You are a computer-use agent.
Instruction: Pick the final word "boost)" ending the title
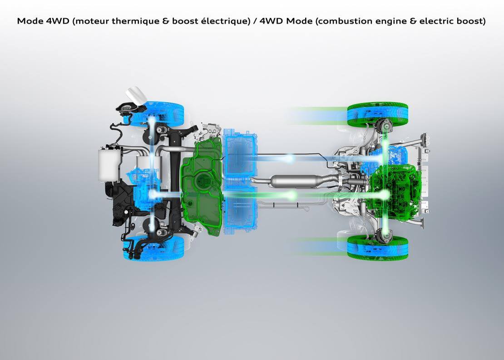click(x=469, y=21)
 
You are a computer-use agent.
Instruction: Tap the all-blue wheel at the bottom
click(x=154, y=248)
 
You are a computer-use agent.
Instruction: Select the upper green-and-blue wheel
click(x=377, y=114)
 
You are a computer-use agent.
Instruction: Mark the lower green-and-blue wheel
click(x=377, y=247)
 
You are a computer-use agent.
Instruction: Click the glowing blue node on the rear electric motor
click(x=152, y=194)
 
